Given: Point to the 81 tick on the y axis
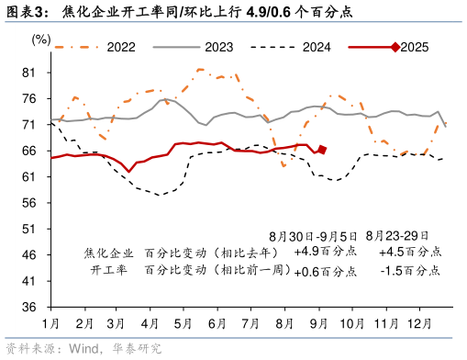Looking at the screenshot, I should pos(28,73).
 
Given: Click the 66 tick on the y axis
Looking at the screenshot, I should pos(28,151).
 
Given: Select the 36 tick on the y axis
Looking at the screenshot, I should pos(28,307).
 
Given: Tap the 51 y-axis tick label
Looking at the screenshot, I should pos(28,229).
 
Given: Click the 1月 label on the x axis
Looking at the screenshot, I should pos(51,323).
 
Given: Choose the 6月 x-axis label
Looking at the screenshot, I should pos(217,323).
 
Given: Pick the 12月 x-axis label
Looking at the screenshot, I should pos(417,323).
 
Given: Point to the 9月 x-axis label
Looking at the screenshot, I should pos(317,323).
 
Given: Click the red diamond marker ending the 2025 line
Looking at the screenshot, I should pos(322,150).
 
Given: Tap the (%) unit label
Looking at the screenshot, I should pos(41,39).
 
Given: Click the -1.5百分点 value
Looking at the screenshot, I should pos(409,271).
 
